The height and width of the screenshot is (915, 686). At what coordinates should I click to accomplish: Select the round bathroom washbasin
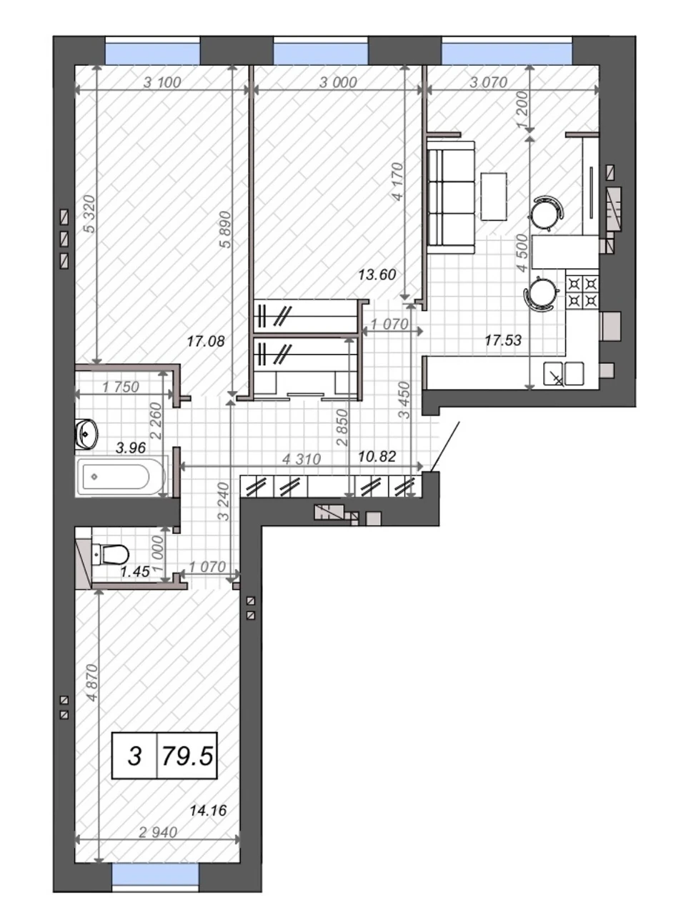coord(86,435)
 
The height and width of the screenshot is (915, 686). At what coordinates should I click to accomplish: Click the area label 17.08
coord(206,342)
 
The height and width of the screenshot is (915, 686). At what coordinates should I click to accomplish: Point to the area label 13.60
coord(377,274)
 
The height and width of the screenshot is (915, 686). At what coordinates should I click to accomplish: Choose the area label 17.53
coord(503,340)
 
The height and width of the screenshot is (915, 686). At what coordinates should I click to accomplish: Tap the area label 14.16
coord(208,811)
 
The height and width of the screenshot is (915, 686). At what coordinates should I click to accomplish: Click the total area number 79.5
coord(187,756)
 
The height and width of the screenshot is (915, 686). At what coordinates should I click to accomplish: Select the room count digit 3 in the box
coord(134,756)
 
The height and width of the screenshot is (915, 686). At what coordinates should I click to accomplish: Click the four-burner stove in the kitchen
coord(582,292)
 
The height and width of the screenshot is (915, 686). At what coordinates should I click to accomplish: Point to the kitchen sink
coord(563,373)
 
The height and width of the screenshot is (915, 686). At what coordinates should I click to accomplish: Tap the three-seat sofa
coord(451,197)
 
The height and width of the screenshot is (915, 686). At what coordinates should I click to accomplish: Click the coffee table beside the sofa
coord(494,197)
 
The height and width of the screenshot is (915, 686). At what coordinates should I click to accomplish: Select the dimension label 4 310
coord(302,460)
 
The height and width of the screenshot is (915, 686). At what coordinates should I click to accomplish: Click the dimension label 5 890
coord(225,229)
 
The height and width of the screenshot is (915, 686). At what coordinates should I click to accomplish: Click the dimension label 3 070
coord(488,82)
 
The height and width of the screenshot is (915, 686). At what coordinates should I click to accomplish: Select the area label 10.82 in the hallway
coord(377,457)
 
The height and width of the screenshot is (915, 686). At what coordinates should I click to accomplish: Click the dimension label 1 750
coord(120,387)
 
